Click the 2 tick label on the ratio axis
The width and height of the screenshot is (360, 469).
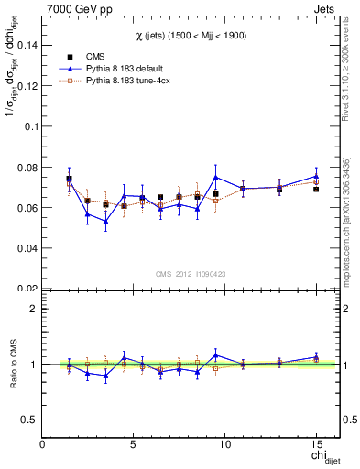pos(33,309)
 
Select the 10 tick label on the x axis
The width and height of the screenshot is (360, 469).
pos(224,444)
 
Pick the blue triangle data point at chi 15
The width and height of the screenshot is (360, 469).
pos(316,176)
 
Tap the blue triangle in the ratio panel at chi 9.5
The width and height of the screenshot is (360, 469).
pos(215,354)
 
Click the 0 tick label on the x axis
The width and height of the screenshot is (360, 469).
pos(42,444)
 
